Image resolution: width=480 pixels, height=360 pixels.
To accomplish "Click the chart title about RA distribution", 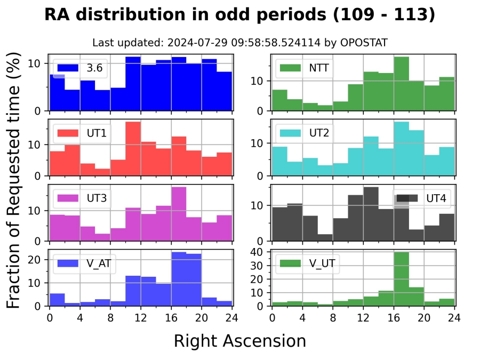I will pos(240,14).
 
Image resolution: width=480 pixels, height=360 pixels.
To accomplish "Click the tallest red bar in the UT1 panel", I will pos(133,149).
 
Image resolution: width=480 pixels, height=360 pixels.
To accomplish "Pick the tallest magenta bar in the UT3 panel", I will pos(179,213).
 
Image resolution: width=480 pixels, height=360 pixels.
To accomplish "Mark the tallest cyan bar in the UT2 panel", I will pos(401,149).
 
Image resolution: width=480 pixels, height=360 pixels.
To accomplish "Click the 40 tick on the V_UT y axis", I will pos(261,252).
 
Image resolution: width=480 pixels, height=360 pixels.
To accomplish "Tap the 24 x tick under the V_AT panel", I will pos(232,316).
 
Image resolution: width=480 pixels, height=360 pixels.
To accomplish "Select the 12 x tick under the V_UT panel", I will pos(363,316).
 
